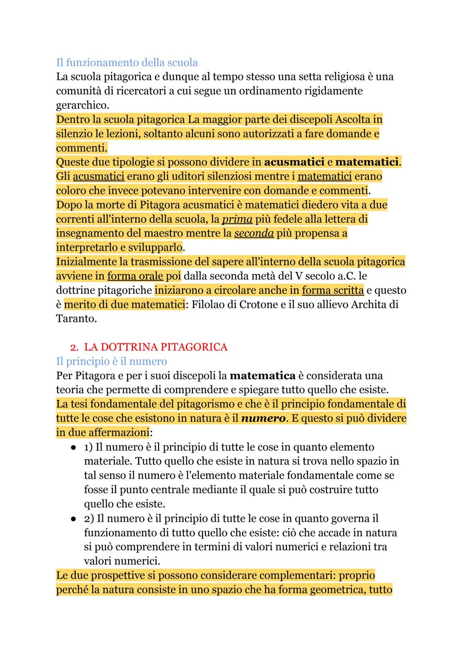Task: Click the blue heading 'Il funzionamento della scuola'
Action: pyautogui.click(x=127, y=63)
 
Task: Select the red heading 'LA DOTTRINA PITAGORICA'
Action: pyautogui.click(x=156, y=347)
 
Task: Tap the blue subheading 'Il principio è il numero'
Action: pyautogui.click(x=111, y=361)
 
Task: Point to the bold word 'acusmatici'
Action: pyautogui.click(x=294, y=162)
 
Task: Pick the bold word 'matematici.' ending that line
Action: pyautogui.click(x=368, y=162)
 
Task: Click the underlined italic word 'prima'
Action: pyautogui.click(x=237, y=219)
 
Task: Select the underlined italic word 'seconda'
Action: pyautogui.click(x=254, y=233)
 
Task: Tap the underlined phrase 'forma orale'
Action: pyautogui.click(x=135, y=276)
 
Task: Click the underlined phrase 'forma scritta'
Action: pyautogui.click(x=333, y=290)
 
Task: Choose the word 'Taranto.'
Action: pyautogui.click(x=75, y=319)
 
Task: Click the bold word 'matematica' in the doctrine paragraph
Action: pyautogui.click(x=263, y=376)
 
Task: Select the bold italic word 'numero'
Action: pyautogui.click(x=263, y=418)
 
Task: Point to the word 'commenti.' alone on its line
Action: pyautogui.click(x=82, y=148)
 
